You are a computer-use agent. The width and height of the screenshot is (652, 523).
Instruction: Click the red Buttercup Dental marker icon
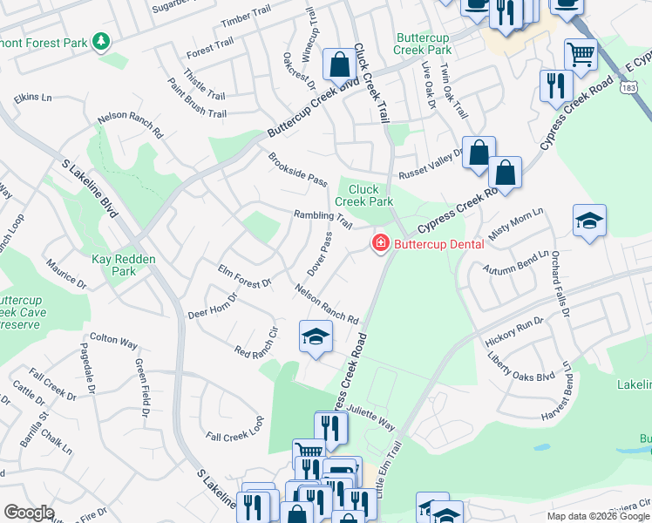pyautogui.click(x=380, y=244)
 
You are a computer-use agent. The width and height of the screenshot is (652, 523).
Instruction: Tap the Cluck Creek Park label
pyautogui.click(x=371, y=194)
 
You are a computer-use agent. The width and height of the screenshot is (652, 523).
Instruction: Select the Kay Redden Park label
pyautogui.click(x=114, y=265)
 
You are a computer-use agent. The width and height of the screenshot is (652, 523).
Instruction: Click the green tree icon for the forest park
pyautogui.click(x=102, y=41)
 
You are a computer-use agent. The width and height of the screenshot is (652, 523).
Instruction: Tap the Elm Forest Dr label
pyautogui.click(x=245, y=276)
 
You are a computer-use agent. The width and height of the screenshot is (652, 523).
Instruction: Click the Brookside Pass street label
pyautogui.click(x=296, y=169)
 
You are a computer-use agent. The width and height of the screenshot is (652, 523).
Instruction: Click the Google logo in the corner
pyautogui.click(x=29, y=512)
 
